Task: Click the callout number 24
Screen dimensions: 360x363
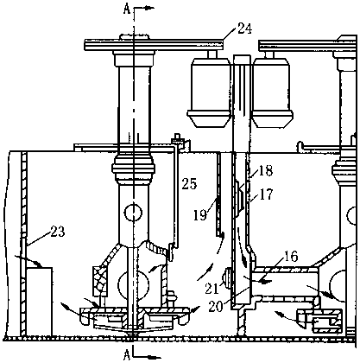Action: coord(244,29)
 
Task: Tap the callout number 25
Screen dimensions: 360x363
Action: coord(189,183)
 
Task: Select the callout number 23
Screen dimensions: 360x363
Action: coord(58,231)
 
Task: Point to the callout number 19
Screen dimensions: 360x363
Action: coord(200,215)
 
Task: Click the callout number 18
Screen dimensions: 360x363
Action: coord(265,170)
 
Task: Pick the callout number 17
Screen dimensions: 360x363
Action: coord(265,194)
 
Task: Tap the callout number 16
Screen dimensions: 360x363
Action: coord(291,256)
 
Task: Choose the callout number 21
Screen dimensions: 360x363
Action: coord(212,289)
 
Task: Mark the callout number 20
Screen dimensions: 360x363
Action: coord(216,307)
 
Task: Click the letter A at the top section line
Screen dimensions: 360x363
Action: coord(127,10)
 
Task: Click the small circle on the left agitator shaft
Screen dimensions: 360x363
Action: coord(133,213)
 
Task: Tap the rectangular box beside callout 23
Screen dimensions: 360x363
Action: coord(40,302)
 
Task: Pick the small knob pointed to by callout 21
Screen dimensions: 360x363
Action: coord(227,278)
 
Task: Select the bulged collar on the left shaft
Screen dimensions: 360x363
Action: coord(134,168)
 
